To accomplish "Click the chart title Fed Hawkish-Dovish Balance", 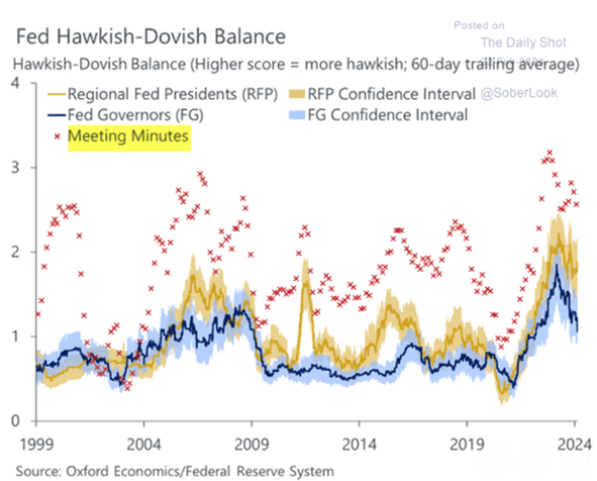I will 150,35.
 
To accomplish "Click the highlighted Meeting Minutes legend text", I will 129,137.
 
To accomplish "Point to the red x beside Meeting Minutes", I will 57,137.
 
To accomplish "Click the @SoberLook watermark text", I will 519,93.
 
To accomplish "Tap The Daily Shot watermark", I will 523,43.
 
